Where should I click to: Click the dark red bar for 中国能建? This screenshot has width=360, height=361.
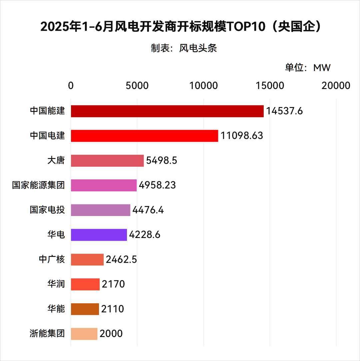(x=167, y=111)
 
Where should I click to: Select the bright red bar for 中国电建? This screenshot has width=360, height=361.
(x=144, y=136)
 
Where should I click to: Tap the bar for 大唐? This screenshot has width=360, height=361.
(x=107, y=160)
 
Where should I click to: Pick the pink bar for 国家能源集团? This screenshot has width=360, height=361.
(x=104, y=185)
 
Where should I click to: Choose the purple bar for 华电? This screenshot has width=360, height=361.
(x=99, y=235)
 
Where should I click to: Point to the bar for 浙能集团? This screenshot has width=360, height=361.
(x=84, y=334)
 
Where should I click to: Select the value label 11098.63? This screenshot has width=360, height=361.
(x=242, y=136)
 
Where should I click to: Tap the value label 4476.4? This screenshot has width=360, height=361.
(x=148, y=210)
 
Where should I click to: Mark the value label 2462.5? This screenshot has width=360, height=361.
(x=121, y=259)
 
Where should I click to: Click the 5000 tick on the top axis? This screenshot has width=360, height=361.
(x=137, y=86)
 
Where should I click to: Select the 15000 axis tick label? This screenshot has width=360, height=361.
(x=270, y=86)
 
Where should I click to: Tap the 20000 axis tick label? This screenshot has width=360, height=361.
(x=336, y=86)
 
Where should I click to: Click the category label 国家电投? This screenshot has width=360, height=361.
(x=47, y=210)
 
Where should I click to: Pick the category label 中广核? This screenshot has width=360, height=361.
(x=52, y=259)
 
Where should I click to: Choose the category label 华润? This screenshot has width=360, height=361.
(x=56, y=284)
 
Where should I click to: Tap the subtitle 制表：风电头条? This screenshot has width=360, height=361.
(x=184, y=48)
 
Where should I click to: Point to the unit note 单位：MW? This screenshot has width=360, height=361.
(x=307, y=68)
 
